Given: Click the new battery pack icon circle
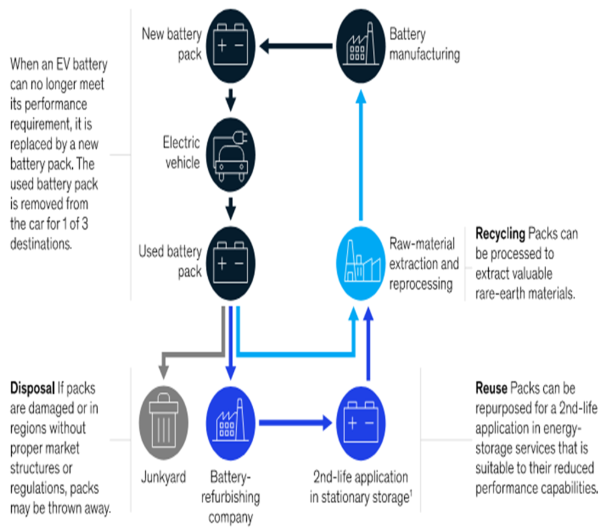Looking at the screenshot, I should (x=231, y=44).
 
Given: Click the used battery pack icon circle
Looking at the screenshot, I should (x=231, y=260).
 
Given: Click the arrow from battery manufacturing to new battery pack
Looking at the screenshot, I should (x=296, y=44).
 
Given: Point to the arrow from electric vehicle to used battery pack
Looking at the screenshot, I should (x=231, y=207).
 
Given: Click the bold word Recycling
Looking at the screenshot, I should (x=500, y=234).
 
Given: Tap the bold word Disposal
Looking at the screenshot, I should (x=32, y=389).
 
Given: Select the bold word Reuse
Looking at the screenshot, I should (x=491, y=389).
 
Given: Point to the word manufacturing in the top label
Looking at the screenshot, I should (x=424, y=54).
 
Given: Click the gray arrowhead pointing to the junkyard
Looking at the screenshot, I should (x=163, y=372).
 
